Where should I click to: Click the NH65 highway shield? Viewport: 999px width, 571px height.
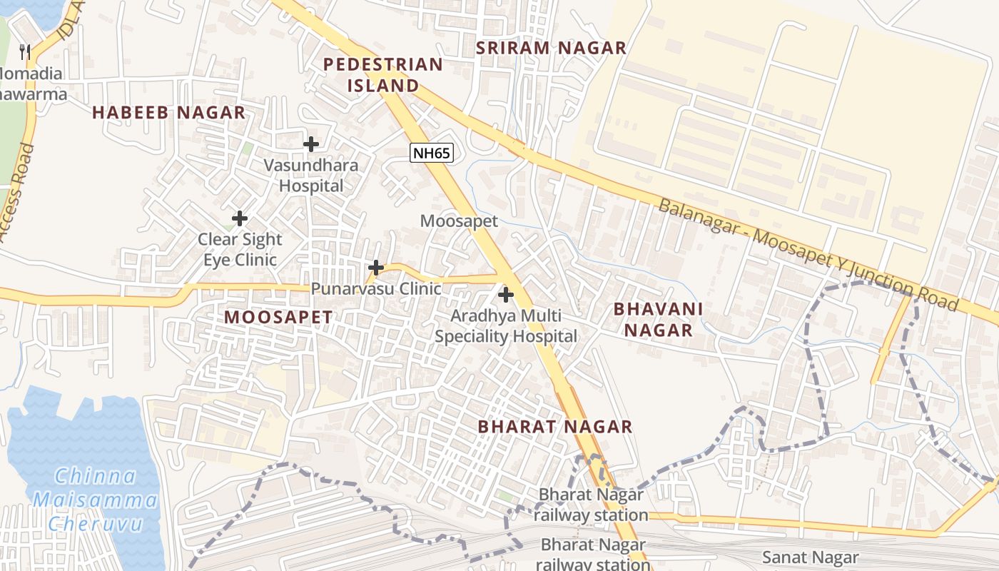(x=432, y=152)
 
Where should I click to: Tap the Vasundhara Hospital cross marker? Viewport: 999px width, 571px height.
(x=311, y=144)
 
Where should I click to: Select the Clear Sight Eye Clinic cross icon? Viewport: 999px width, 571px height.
(x=240, y=218)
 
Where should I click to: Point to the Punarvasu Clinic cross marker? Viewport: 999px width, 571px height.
(x=376, y=268)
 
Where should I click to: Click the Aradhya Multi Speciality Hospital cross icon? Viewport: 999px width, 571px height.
(x=506, y=294)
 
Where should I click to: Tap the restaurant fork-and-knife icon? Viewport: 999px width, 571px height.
(x=25, y=51)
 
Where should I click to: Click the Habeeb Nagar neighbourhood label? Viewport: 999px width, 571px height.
(x=168, y=113)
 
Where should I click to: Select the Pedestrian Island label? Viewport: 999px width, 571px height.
(x=383, y=75)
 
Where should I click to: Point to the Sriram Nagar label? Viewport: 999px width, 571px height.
(x=551, y=48)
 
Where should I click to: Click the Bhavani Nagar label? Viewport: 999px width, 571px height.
(x=658, y=320)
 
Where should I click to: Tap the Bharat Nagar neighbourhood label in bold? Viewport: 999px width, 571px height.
(x=555, y=427)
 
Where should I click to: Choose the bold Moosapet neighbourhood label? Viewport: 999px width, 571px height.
(x=278, y=318)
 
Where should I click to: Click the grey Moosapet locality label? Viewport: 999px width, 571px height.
(x=459, y=221)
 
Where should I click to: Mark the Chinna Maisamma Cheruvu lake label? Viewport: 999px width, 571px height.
(x=95, y=500)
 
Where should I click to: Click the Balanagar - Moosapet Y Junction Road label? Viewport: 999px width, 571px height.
(x=807, y=254)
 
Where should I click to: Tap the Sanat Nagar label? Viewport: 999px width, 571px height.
(x=810, y=557)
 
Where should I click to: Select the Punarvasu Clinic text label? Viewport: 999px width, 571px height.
(x=376, y=289)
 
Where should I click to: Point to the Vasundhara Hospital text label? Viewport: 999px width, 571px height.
(x=311, y=176)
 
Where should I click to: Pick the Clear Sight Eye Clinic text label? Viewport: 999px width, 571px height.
(x=240, y=249)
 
